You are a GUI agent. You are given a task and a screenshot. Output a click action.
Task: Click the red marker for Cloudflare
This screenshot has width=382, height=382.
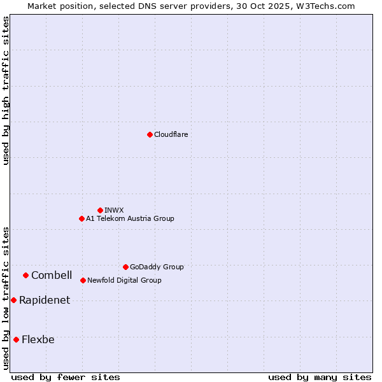pos(150,134)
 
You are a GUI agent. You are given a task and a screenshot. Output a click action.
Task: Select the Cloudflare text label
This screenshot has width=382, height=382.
pos(171,134)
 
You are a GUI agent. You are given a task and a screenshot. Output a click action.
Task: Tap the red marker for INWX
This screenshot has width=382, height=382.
pos(100,210)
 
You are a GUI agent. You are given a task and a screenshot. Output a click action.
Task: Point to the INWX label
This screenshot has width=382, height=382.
pos(114,210)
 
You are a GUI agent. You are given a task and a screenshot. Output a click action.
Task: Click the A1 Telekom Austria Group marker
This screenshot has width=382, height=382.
pos(81,218)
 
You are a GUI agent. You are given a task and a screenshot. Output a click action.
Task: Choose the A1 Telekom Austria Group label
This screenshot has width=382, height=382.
pos(130,218)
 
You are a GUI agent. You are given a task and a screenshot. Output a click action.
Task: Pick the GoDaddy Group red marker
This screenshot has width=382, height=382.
pos(125,267)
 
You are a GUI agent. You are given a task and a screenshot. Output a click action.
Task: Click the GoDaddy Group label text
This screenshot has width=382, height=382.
pos(156,267)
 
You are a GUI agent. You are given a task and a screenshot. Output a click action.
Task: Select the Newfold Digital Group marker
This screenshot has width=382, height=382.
pos(83,280)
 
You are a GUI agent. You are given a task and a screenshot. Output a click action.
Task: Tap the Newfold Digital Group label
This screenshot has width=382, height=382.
pos(124,280)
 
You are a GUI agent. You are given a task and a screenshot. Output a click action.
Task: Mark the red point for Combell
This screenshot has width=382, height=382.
pos(25,275)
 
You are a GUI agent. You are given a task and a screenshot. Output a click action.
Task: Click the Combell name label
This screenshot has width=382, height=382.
pos(52,275)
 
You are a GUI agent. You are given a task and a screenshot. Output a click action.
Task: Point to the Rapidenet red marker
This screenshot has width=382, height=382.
pos(13,300)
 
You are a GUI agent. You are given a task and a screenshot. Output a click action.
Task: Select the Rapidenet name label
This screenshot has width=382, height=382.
pos(45,301)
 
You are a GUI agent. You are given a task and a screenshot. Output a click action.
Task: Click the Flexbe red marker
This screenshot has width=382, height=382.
pos(16,339)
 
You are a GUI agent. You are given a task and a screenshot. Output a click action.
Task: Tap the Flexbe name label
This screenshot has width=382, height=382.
pos(38,339)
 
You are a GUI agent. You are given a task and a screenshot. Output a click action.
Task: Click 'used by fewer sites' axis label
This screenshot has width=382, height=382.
pos(66,377)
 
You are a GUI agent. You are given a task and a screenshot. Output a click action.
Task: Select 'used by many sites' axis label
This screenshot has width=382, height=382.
pos(320,377)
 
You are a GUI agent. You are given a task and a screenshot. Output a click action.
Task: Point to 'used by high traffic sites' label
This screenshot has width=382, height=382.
pos(6,90)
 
